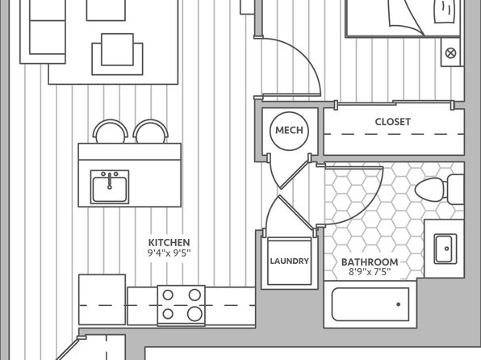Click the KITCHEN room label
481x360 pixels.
[x=169, y=242]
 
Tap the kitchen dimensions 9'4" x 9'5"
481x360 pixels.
[x=169, y=253]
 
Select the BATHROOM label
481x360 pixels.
[x=370, y=262]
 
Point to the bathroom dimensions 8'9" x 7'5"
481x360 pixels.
[x=370, y=272]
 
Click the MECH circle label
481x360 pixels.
[x=289, y=131]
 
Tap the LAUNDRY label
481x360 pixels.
[x=289, y=262]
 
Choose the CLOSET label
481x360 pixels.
[x=393, y=122]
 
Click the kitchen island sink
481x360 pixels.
[x=110, y=187]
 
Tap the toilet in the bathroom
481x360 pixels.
[x=439, y=190]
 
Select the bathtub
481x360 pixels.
[x=370, y=304]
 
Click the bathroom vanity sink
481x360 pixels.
[x=445, y=249]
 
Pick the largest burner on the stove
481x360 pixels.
[x=194, y=314]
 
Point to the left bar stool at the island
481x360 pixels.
[x=111, y=132]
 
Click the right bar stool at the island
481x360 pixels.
[x=151, y=132]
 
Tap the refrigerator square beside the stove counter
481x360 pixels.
[x=102, y=299]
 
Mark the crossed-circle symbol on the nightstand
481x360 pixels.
[x=450, y=52]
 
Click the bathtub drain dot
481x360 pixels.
[x=398, y=304]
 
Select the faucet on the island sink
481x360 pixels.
[x=110, y=181]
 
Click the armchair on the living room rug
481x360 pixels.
[x=117, y=54]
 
